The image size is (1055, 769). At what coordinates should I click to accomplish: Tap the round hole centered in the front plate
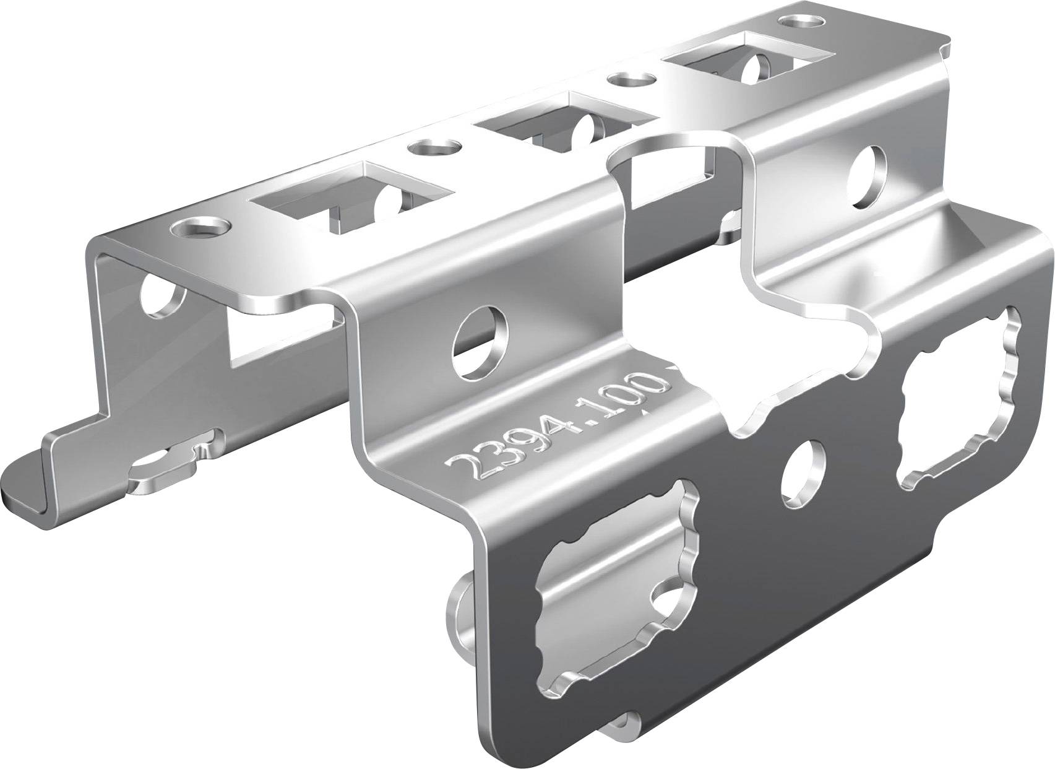803,475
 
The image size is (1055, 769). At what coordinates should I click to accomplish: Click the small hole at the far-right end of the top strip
799,23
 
